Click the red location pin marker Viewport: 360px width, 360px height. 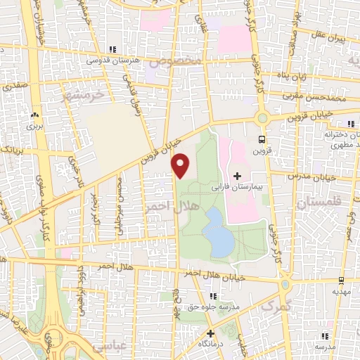(181, 165)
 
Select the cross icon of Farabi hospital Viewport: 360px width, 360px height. (237, 176)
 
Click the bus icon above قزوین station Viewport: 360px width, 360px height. (262, 139)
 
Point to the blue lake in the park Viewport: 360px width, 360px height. (220, 239)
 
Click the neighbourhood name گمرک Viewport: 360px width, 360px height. (276, 307)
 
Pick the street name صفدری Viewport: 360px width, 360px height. (13, 88)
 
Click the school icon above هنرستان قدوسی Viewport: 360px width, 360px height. (112, 49)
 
